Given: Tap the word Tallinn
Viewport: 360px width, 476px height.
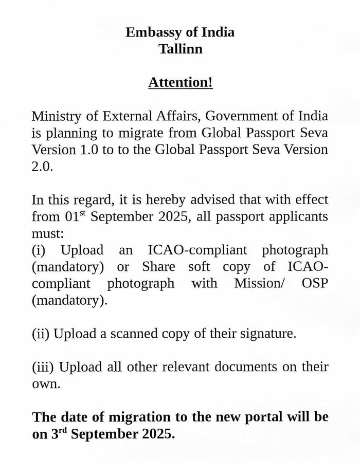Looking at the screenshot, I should click(180, 49).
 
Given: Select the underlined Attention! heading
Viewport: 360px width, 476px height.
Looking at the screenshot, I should click(180, 82).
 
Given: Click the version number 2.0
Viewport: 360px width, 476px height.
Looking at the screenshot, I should click(42, 167).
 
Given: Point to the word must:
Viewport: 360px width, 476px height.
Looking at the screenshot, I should click(48, 233).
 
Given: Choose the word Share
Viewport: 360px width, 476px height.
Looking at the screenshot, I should click(158, 267).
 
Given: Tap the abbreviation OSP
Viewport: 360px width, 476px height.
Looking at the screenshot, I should click(315, 283).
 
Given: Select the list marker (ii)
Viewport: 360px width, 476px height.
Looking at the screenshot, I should click(41, 334).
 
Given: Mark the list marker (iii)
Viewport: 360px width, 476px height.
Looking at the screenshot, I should click(43, 367).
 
